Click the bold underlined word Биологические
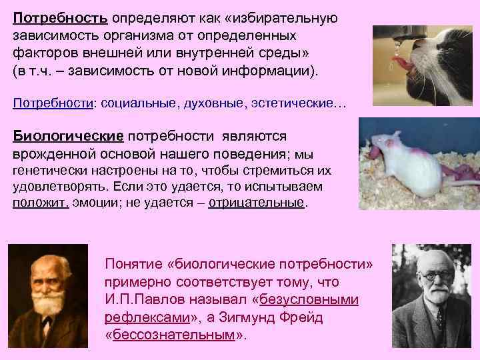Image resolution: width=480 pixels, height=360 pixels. [68, 137]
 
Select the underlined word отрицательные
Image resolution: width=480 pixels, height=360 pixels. [256, 203]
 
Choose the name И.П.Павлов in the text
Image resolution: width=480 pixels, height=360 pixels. [143, 300]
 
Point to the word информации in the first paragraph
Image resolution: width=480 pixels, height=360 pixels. [270, 70]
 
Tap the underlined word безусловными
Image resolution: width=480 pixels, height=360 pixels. [309, 300]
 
